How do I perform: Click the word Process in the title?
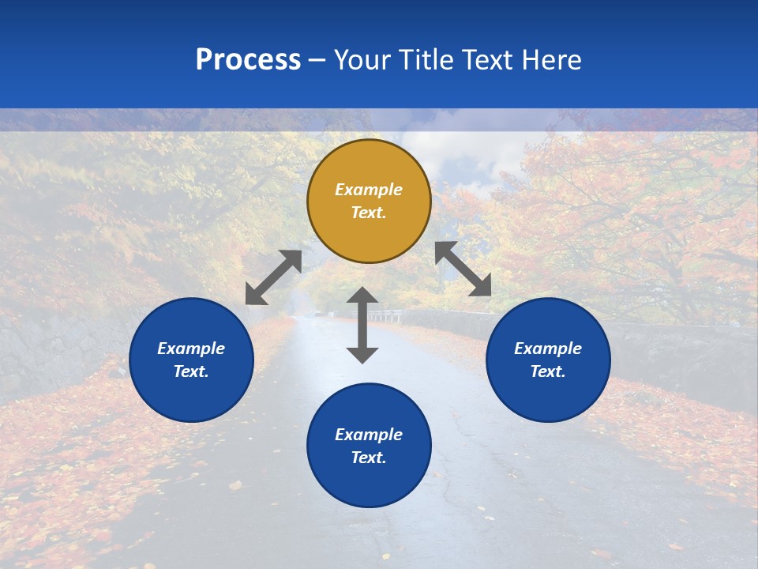[x=248, y=60]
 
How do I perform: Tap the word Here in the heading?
[x=550, y=60]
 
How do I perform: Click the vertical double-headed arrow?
[x=362, y=325]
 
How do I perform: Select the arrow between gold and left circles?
[x=273, y=277]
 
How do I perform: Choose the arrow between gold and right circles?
[x=463, y=269]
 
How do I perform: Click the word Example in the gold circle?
[x=369, y=190]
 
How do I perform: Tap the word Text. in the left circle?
[x=191, y=371]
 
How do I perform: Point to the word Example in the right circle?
[x=548, y=349]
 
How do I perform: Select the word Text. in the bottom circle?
[x=369, y=458]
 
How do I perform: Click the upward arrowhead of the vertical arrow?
[x=362, y=295]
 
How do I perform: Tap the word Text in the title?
[x=486, y=60]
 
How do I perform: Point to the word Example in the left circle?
[x=191, y=349]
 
